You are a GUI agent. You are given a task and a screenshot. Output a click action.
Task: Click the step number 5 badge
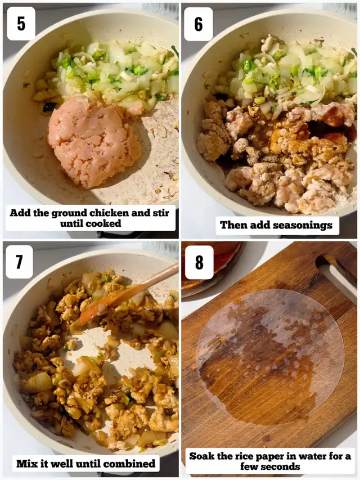click(x=21, y=24)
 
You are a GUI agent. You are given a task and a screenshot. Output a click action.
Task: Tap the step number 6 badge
click(x=199, y=24)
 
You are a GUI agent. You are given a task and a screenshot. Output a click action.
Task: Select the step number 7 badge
click(x=19, y=262)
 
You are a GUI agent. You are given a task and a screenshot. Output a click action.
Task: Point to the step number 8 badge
click(x=199, y=262)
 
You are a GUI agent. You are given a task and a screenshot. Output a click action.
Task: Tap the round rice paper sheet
click(x=271, y=357)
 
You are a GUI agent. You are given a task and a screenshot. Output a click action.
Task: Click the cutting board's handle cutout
click(x=336, y=275)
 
